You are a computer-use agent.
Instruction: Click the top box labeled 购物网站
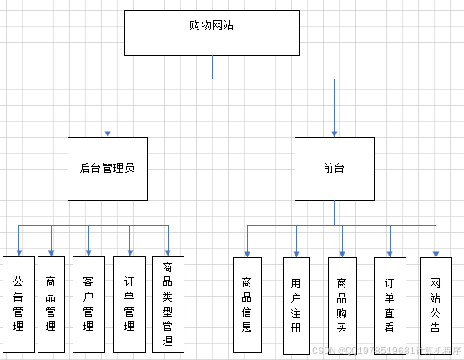(212, 33)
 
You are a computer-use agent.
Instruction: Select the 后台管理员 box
(107, 169)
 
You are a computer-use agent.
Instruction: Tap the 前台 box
(335, 169)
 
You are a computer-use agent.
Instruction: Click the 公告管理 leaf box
(18, 305)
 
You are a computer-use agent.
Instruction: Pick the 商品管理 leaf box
(51, 305)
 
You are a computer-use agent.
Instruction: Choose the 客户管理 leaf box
(88, 305)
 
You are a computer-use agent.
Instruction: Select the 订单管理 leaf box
(129, 305)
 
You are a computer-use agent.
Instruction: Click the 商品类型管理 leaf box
(168, 305)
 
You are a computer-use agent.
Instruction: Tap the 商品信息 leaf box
(246, 305)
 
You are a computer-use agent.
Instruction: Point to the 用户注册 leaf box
(295, 305)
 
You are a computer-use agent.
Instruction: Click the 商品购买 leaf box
(341, 305)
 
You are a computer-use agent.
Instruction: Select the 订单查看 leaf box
(389, 305)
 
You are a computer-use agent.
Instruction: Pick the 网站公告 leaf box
(435, 305)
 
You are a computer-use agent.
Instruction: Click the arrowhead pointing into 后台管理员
(107, 133)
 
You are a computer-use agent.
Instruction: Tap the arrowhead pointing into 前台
(335, 133)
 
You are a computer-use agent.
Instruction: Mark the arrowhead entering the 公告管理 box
(18, 252)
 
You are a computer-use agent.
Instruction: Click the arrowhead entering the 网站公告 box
(435, 252)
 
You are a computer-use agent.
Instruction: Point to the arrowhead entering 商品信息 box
(246, 252)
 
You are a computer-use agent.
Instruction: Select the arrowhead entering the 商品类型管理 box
(168, 252)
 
